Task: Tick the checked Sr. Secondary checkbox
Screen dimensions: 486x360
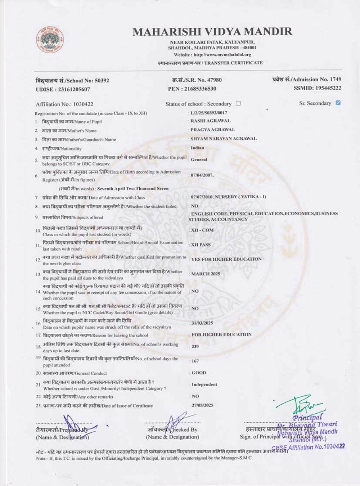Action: (x=338, y=103)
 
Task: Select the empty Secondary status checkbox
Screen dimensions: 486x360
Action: (x=238, y=103)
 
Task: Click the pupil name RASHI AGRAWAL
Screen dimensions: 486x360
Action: (x=210, y=121)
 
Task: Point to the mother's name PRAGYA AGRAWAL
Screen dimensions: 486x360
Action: (x=212, y=130)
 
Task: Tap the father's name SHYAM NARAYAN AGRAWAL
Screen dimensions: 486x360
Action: (x=223, y=139)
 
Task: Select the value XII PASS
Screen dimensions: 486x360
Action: (x=201, y=245)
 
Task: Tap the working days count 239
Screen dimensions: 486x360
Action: (x=195, y=346)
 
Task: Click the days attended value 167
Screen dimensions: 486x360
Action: (x=195, y=361)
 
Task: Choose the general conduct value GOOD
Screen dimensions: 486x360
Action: (x=199, y=373)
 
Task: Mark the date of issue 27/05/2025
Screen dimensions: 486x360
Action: (x=202, y=405)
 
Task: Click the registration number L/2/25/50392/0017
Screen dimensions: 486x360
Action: (x=209, y=113)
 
